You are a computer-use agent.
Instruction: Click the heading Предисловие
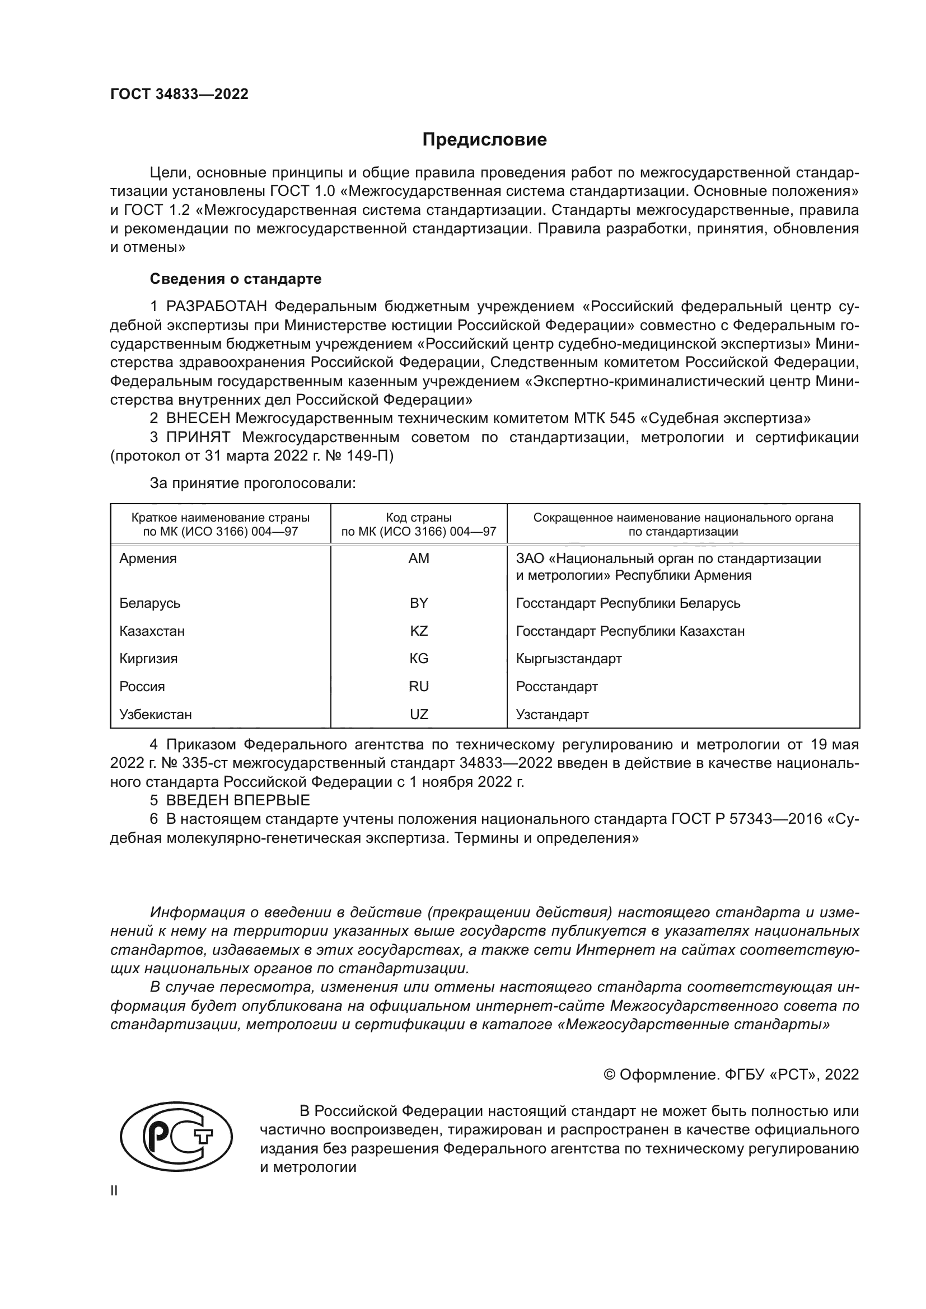484,140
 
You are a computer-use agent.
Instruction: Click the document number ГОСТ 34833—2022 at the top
179,94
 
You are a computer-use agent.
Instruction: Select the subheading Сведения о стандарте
236,279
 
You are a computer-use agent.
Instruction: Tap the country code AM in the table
419,558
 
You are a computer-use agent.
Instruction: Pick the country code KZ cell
419,631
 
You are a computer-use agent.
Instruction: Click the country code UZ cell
419,714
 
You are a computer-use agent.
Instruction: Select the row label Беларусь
149,603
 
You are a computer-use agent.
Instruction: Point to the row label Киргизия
148,659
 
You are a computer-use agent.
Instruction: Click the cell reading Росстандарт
556,687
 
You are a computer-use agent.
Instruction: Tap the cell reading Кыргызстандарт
568,659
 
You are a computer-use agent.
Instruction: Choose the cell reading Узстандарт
552,714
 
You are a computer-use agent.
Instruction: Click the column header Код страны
419,518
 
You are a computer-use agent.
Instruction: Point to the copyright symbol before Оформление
609,1075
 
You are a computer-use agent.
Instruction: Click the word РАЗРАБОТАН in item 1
217,307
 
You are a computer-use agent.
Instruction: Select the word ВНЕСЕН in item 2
198,419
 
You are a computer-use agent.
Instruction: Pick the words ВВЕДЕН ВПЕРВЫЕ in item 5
238,800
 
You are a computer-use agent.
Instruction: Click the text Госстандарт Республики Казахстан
630,631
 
